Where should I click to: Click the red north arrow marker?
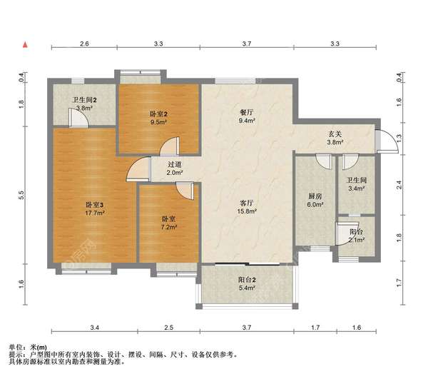26,44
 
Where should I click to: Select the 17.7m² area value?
95,213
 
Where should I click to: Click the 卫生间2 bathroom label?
84,100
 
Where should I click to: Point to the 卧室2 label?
158,114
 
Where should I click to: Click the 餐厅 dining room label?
247,112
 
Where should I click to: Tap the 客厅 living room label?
247,203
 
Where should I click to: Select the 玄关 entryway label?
335,134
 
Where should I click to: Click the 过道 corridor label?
175,164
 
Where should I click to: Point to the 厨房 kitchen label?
315,196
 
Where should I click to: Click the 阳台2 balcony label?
247,280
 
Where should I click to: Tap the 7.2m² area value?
169,227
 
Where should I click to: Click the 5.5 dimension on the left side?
21,195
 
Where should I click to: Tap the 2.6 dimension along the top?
84,44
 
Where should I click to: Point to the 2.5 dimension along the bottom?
169,328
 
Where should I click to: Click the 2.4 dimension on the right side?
399,185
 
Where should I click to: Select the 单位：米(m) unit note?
28,348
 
